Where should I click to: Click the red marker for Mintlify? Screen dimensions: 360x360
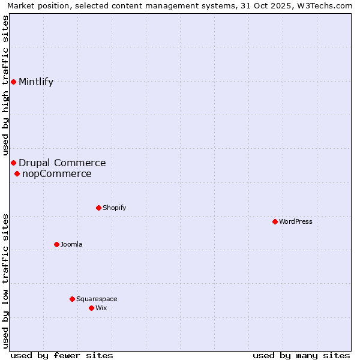tap(13, 82)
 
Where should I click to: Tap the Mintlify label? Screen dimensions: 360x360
tap(36, 82)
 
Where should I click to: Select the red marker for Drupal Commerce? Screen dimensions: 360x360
tap(13, 163)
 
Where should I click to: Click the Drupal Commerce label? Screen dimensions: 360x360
tap(62, 163)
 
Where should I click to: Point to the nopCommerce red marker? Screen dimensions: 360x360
tap(17, 174)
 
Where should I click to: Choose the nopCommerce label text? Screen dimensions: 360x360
tap(56, 174)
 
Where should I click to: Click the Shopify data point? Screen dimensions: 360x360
tap(98, 208)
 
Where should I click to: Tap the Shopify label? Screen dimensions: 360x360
tap(114, 208)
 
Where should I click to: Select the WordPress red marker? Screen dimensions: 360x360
tap(275, 221)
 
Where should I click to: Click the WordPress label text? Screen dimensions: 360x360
tap(295, 221)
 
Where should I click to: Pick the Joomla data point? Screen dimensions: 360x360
tap(56, 244)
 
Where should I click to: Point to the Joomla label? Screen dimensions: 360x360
tap(71, 244)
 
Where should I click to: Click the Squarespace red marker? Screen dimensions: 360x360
tap(72, 299)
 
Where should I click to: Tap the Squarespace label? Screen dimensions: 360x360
tap(97, 299)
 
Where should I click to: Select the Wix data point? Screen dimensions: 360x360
tap(91, 308)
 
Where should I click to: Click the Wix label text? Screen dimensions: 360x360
tap(101, 308)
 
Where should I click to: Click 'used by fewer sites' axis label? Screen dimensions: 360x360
tap(62, 355)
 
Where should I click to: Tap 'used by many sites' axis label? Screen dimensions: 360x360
tap(301, 355)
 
